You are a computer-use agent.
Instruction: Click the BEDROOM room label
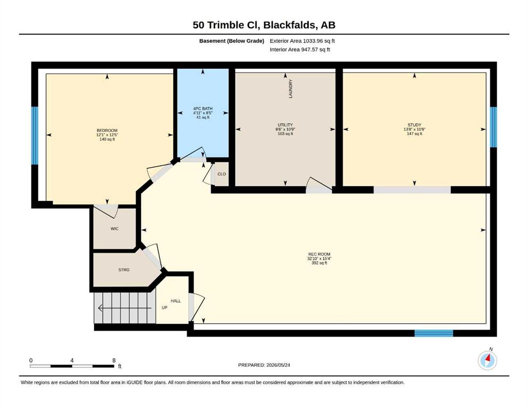107,130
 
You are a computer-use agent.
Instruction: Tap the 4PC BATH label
203,109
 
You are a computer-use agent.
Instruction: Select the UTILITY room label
285,125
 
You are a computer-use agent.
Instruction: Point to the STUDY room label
414,125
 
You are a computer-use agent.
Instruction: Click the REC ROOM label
319,254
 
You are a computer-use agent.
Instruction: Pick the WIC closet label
114,228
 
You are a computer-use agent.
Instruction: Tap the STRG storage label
124,270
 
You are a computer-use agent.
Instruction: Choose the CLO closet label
222,174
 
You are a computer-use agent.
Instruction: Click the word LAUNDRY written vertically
291,89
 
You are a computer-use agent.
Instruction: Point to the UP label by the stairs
164,307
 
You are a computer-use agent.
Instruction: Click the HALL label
175,301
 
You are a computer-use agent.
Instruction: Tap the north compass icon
487,360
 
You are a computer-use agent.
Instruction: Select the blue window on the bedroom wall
35,136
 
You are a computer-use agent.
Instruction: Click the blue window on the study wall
493,127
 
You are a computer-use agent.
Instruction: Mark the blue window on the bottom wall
434,333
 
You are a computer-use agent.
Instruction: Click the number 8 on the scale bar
114,360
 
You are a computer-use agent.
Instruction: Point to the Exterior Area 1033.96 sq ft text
302,41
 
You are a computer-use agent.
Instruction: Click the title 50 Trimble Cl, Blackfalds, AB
264,25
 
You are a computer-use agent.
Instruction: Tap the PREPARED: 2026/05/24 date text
264,365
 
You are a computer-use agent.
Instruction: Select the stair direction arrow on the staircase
124,308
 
